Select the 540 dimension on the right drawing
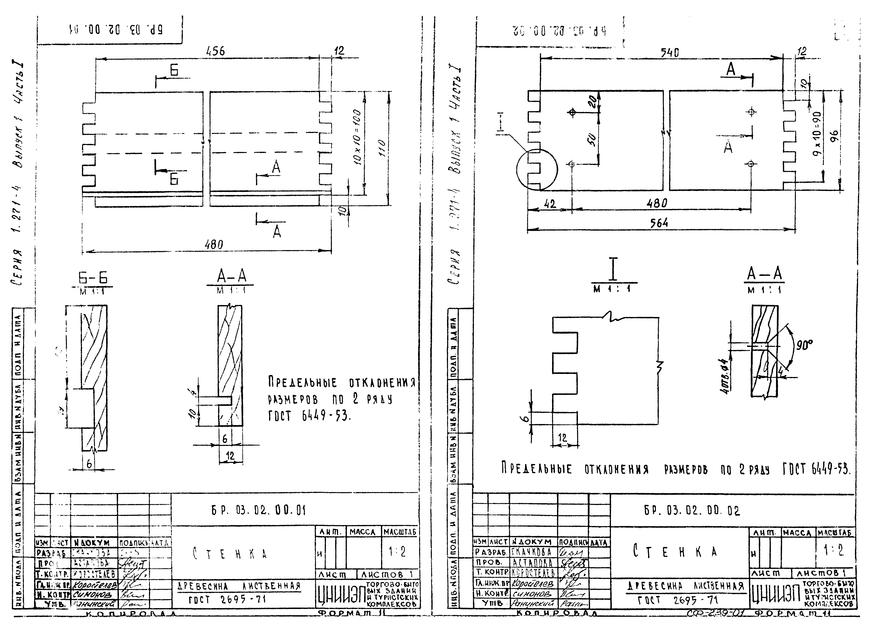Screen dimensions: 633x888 click(x=669, y=52)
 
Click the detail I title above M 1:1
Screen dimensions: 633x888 click(x=613, y=269)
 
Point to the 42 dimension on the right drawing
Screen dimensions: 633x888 click(x=550, y=204)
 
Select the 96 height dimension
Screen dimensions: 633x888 click(x=834, y=136)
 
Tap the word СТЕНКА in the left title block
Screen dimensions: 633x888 click(x=230, y=554)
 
